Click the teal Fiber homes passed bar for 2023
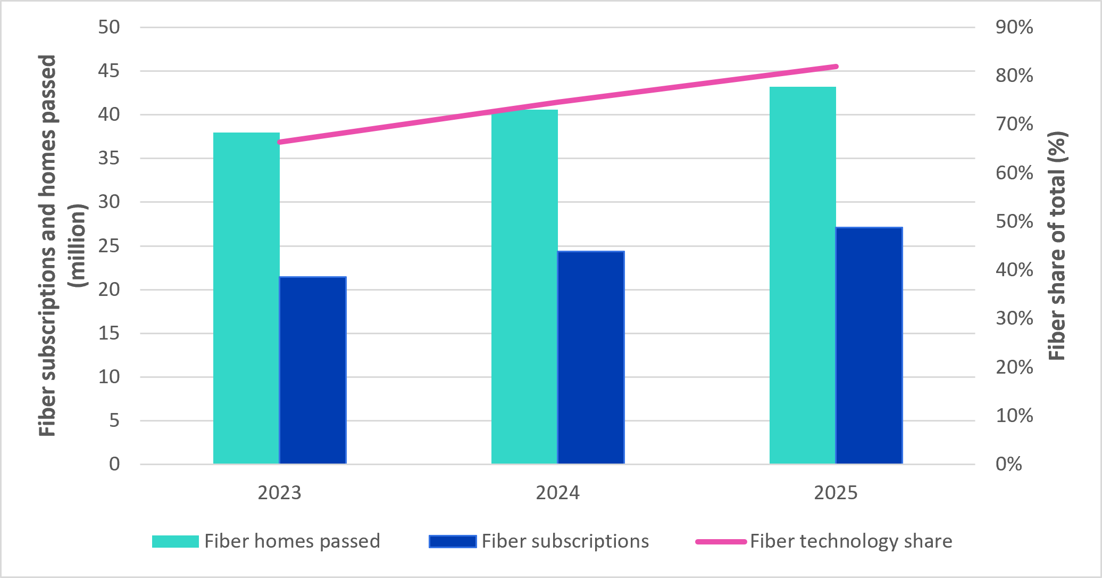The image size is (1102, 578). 246,298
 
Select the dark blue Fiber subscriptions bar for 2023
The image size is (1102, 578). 313,370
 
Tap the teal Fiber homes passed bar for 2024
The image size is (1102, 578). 524,287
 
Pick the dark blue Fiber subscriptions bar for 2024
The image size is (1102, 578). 591,358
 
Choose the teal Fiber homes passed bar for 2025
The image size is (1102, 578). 803,275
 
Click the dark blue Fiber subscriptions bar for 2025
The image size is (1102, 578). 869,345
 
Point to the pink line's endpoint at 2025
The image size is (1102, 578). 836,67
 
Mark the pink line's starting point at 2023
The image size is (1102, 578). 280,142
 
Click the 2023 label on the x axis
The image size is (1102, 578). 279,493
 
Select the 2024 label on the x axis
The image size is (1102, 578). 557,493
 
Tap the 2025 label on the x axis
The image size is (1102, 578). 836,493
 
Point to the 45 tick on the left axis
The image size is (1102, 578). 109,71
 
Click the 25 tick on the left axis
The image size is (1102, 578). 109,246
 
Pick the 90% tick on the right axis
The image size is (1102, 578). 1014,27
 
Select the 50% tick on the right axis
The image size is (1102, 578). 1014,221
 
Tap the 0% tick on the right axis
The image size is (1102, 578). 1009,464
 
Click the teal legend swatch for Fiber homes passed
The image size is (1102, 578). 176,541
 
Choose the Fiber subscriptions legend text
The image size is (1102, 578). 565,541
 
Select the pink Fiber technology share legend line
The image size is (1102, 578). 721,542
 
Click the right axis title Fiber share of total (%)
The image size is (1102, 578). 1058,246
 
